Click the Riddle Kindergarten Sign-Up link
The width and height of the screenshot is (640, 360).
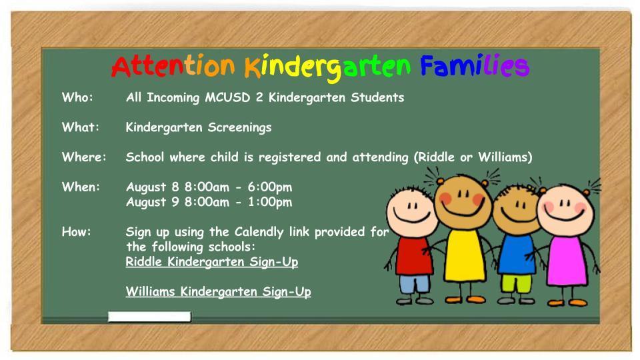pos(212,261)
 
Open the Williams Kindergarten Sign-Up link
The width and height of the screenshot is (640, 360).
pos(219,291)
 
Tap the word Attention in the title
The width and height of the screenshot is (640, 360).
pos(173,67)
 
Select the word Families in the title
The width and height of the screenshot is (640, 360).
pos(475,66)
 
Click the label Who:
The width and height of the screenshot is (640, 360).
pos(77,97)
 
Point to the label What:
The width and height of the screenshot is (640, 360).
pos(81,127)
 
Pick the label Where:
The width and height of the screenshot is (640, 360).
pos(84,157)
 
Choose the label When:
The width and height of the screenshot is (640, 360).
pos(81,187)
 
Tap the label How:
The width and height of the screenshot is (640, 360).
pos(76,231)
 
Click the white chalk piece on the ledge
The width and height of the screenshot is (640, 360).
pos(149,316)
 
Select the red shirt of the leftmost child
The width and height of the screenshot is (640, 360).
pos(414,256)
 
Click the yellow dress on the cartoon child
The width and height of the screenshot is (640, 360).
pos(464,255)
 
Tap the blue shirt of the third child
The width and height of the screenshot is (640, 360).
pos(516,255)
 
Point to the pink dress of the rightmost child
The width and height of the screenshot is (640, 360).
pos(567,261)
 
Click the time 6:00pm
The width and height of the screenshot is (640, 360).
pos(270,187)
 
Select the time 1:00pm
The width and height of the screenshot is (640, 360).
pos(270,202)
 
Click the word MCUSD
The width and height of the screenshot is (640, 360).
pos(227,97)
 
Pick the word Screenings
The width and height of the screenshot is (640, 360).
pos(239,127)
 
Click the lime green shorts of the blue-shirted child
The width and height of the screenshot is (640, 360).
pos(516,283)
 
